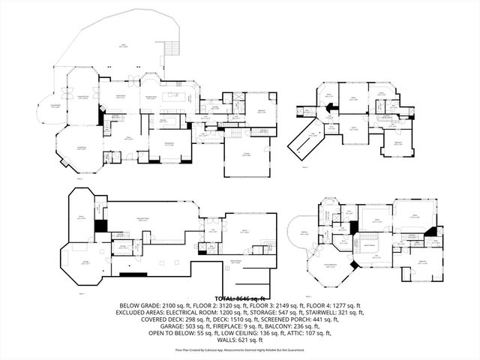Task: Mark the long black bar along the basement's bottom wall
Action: (x=133, y=274)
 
